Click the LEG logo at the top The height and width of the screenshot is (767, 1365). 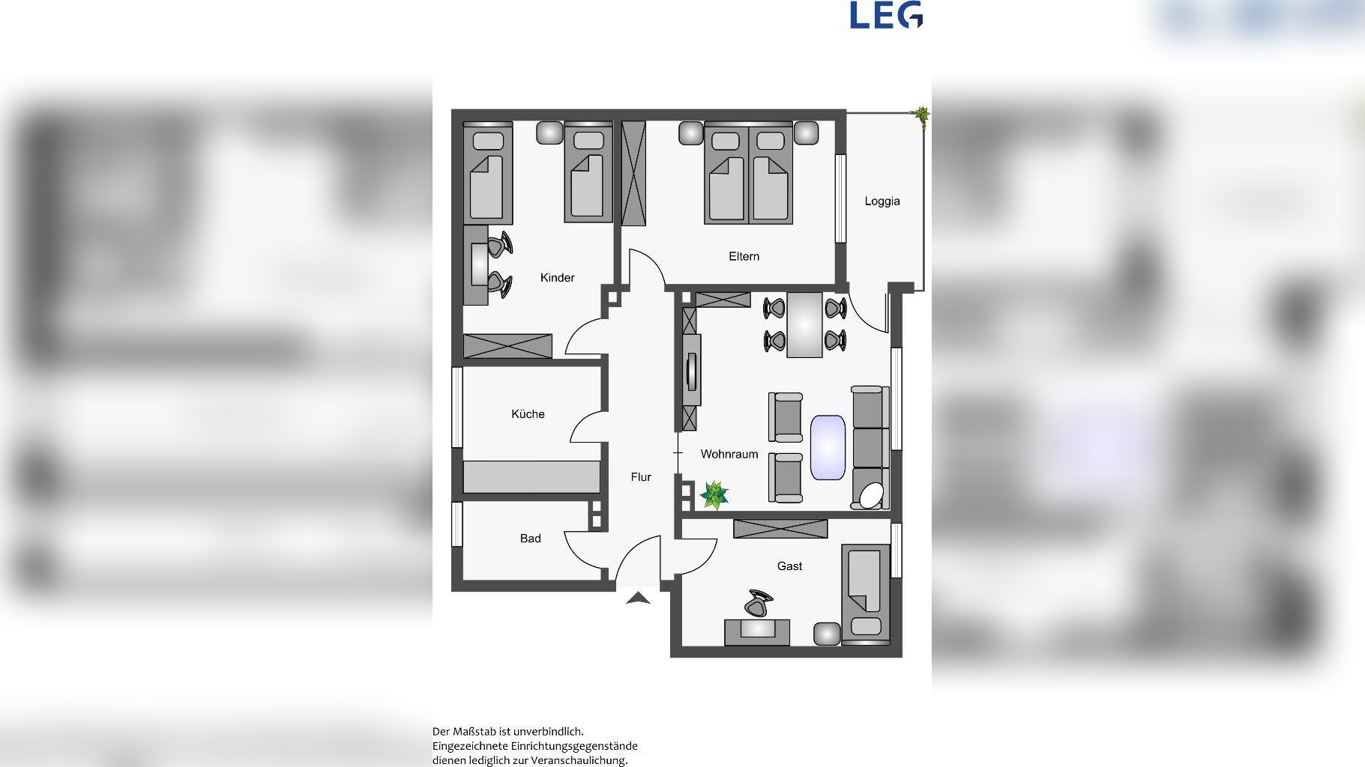[886, 15]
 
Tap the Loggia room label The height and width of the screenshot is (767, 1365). [882, 201]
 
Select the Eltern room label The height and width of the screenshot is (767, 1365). [744, 256]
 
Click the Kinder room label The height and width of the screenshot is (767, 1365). [558, 278]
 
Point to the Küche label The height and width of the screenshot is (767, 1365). [528, 414]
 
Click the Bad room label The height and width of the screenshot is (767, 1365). [531, 539]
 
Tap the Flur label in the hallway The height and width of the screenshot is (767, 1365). [641, 477]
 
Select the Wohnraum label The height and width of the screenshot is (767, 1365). [729, 454]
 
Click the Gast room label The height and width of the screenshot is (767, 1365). [789, 566]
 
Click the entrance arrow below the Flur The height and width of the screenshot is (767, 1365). [638, 598]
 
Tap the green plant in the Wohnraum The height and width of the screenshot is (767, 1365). [714, 495]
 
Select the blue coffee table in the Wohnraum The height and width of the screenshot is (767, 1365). [828, 448]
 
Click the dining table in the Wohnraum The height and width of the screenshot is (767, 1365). [804, 325]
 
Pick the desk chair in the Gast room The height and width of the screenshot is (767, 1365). [759, 603]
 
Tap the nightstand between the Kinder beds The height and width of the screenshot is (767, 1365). [549, 133]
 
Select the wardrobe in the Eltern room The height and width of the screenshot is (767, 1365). [633, 173]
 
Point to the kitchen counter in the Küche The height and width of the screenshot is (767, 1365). [531, 477]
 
